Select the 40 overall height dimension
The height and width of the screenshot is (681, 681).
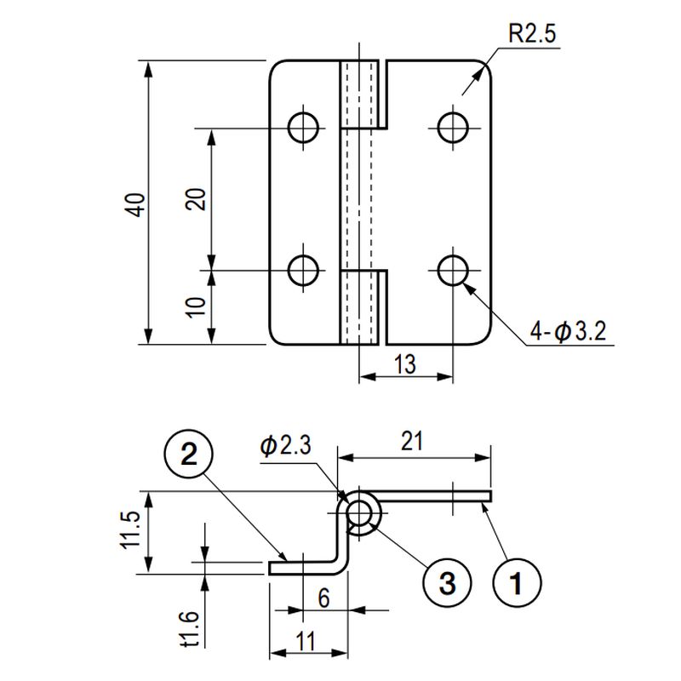point(135,204)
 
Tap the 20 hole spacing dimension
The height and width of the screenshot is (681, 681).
point(197,199)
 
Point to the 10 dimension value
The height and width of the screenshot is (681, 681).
point(197,307)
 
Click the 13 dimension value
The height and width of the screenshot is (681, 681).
point(405,363)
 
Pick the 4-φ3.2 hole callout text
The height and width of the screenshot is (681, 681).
point(568,332)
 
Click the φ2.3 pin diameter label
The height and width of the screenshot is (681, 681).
point(285,445)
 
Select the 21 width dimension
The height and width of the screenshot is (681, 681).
point(412,441)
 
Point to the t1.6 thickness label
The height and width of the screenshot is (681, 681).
point(189,629)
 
